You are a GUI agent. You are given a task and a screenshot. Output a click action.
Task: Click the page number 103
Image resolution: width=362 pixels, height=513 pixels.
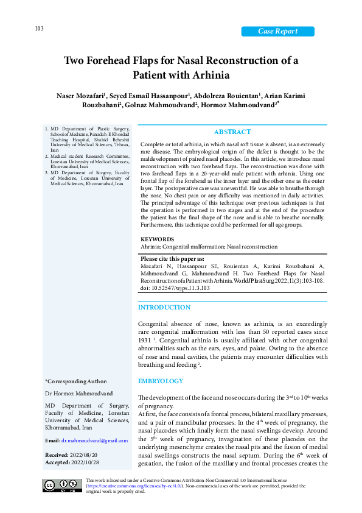point(38,29)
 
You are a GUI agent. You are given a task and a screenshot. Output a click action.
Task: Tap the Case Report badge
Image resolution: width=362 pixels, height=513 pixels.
point(277,32)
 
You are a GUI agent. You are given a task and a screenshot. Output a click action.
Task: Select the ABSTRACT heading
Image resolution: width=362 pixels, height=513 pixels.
point(232,132)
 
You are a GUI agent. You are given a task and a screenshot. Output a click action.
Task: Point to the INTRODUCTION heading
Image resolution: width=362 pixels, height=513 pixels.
point(164,308)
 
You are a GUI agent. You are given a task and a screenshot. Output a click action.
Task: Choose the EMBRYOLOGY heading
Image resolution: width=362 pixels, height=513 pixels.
point(161,381)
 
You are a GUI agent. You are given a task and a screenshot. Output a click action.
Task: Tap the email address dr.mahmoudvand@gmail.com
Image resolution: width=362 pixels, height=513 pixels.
point(97,440)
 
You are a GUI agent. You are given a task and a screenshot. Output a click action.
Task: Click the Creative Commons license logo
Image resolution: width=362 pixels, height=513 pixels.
point(62,485)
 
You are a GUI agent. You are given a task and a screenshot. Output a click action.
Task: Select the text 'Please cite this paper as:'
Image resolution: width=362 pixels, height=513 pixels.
point(172,258)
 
